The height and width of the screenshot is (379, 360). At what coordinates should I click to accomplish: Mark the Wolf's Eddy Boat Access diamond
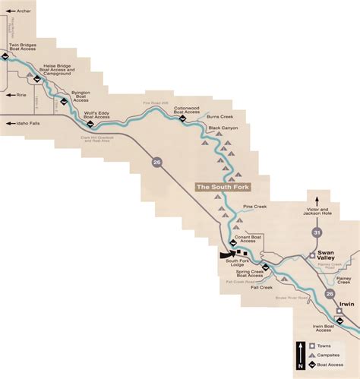(86, 125)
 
